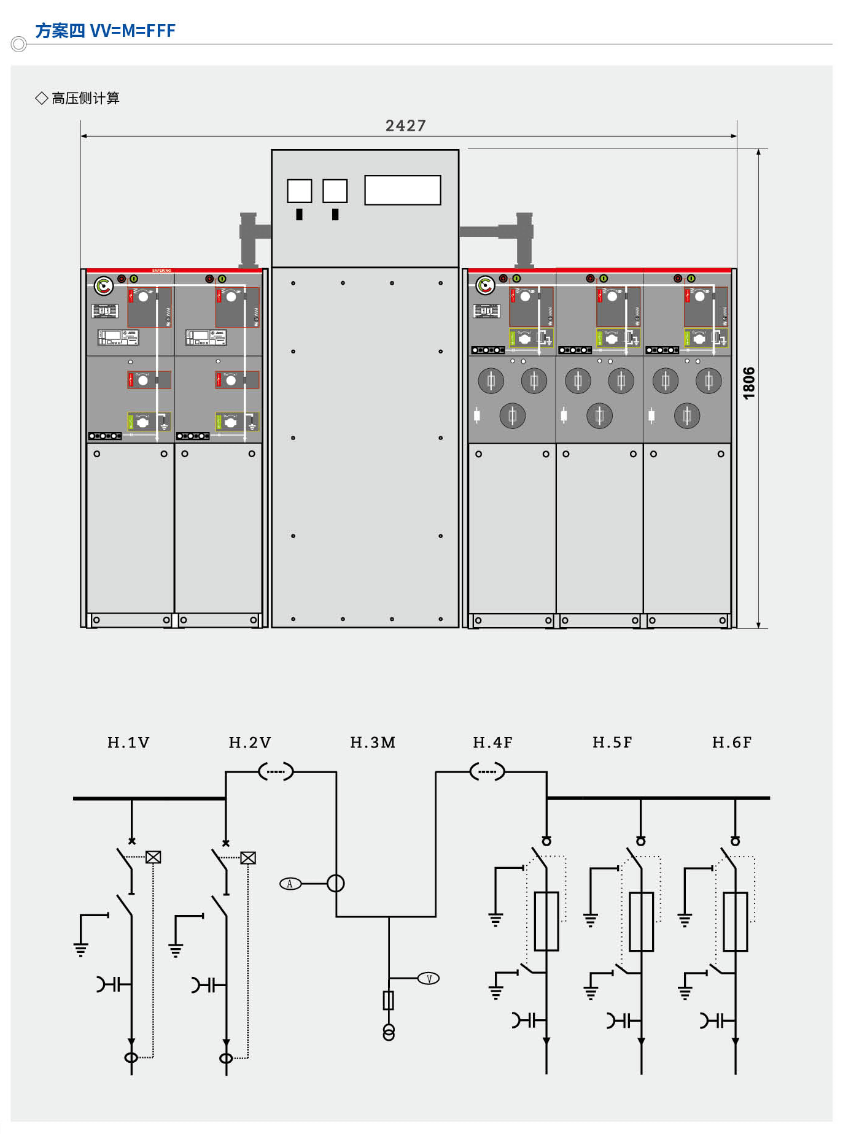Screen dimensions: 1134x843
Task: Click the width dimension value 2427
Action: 405,126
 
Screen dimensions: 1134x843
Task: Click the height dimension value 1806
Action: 748,383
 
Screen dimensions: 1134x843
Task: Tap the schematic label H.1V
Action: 128,742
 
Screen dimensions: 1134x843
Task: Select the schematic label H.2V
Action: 250,742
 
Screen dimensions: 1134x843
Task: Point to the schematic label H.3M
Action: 373,742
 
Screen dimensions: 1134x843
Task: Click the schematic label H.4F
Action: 492,742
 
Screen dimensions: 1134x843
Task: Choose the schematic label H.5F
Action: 612,742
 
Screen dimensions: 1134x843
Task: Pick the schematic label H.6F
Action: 732,742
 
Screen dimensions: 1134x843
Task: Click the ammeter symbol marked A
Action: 290,884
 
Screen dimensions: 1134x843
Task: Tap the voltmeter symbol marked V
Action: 429,979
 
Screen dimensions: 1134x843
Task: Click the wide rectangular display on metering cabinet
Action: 402,190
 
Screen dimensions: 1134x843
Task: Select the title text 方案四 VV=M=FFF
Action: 106,31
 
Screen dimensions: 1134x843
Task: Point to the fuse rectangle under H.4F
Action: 546,921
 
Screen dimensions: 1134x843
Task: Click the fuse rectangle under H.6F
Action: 736,921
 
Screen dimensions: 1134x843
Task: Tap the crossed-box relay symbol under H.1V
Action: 153,857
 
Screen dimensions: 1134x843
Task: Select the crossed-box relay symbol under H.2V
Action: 248,858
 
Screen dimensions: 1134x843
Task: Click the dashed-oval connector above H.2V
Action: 276,771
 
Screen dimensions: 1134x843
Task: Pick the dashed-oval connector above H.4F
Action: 487,771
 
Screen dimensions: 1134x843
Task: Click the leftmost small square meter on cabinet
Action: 300,191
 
